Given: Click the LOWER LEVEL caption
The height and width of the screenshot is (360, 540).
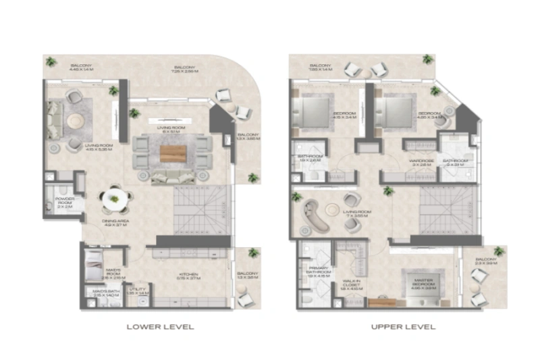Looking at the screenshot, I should tap(161, 326).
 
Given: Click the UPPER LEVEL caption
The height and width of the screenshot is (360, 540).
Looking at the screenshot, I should tap(402, 326).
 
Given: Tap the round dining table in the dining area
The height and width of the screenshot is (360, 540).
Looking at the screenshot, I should tap(114, 199).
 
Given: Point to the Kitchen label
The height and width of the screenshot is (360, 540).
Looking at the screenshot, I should tap(186, 275).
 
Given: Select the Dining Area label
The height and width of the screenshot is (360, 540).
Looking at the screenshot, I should tap(117, 224).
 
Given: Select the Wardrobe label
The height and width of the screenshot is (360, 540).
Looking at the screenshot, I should tap(421, 162).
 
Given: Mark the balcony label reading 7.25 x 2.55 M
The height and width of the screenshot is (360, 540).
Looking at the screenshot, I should tap(184, 70).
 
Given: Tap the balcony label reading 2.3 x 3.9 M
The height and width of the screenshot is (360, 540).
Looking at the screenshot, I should tap(486, 261).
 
